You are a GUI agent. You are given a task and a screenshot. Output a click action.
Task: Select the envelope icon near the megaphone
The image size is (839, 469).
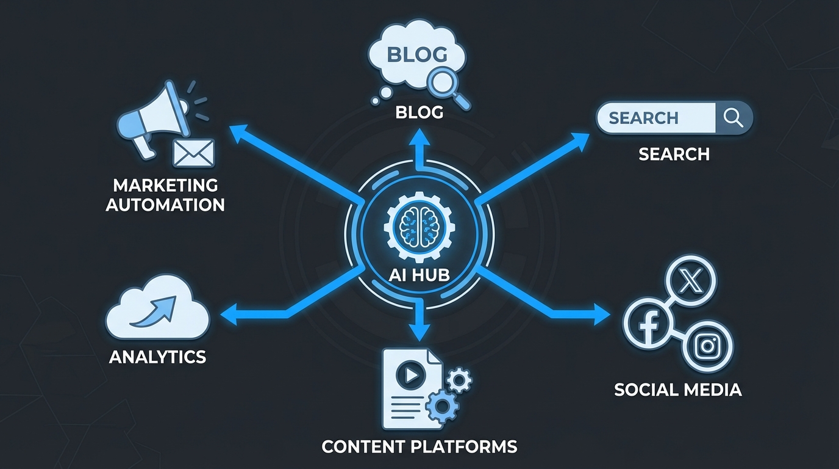194,153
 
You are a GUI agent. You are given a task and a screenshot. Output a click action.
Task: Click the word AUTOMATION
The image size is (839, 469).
165,204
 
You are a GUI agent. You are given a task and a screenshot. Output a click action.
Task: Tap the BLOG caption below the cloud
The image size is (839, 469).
419,113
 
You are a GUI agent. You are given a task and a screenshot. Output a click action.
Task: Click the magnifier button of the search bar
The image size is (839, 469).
733,118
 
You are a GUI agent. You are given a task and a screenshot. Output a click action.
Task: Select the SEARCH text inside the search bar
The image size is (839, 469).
643,118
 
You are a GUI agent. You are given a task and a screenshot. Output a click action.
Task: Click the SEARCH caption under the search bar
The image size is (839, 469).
674,155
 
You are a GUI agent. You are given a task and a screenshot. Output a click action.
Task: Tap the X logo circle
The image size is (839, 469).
690,282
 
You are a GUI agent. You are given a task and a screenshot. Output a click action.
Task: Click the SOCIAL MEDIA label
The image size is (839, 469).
677,390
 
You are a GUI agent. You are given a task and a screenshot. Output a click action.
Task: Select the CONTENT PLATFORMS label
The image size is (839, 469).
419,446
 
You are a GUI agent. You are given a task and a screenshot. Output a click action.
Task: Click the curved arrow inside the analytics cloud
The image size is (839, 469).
157,310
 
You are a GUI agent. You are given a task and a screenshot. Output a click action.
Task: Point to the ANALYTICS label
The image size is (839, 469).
157,357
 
